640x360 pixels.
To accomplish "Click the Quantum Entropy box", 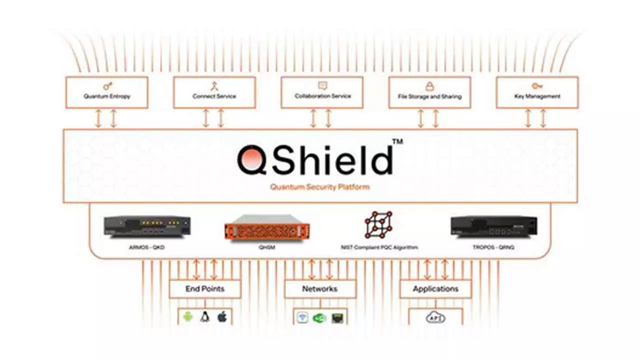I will point(106,92).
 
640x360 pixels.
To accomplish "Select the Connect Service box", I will point(214,92).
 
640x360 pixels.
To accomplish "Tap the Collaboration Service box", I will point(322,92).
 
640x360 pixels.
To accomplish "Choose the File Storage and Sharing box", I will point(429,92).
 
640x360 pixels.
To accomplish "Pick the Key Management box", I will point(537,92).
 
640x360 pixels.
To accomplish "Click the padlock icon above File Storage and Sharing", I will point(429,86).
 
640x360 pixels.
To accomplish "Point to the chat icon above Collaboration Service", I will point(322,86).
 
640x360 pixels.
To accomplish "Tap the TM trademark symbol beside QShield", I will point(397,142).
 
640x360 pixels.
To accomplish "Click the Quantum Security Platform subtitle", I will point(320,187).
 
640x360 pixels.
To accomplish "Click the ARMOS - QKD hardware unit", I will point(147,225).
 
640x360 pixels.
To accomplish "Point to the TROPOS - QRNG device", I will point(493,225).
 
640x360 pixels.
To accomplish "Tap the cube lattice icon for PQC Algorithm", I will point(378,224).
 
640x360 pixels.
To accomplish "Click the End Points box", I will point(205,289).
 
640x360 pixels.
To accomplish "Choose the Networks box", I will point(320,289).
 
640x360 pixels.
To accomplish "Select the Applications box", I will point(435,289).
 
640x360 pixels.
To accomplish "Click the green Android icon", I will point(188,317).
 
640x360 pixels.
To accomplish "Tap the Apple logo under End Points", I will point(222,316).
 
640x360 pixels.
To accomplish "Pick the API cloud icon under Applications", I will point(435,317).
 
